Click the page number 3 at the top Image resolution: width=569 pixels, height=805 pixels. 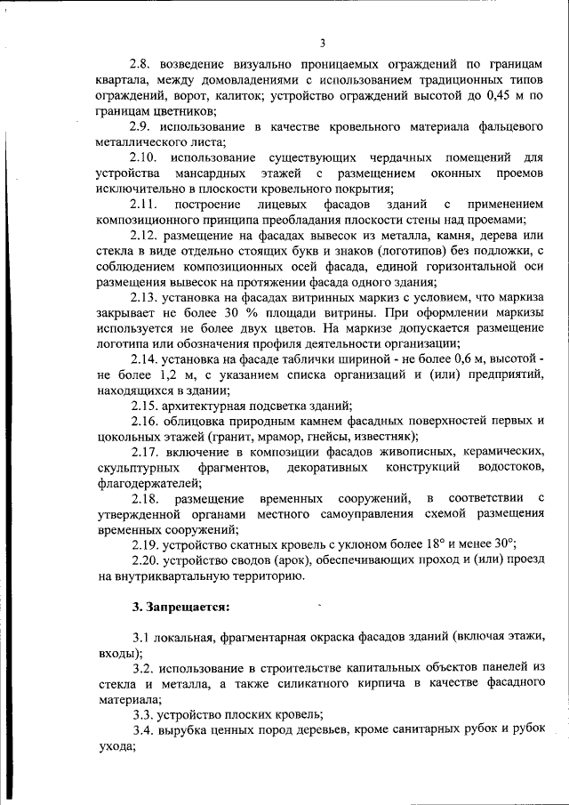[x=323, y=43]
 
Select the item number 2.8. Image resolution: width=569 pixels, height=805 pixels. [x=143, y=65]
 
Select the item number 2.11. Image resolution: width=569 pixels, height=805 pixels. [x=147, y=204]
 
